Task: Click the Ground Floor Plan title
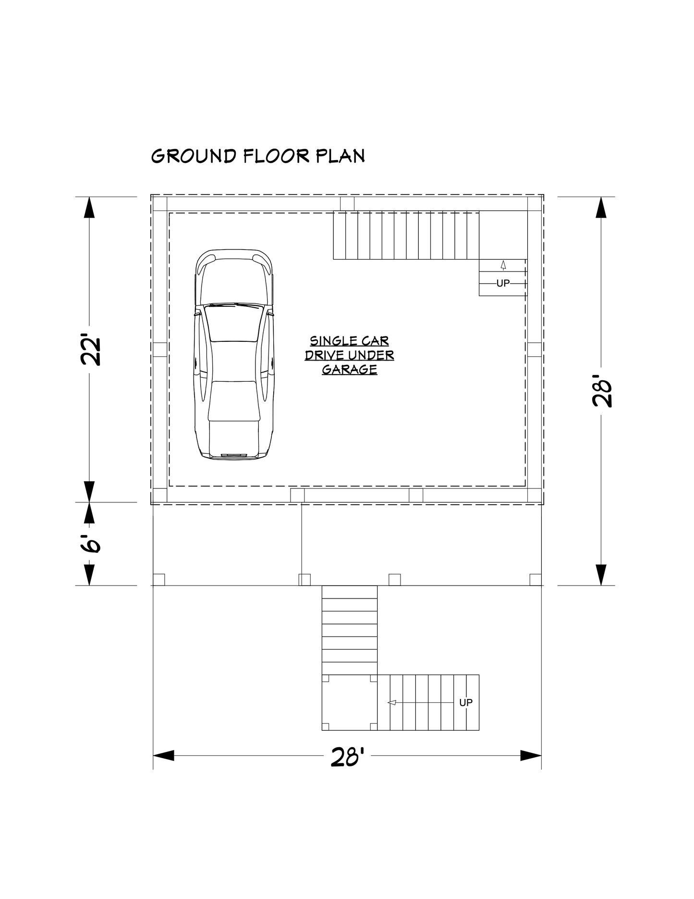[258, 156]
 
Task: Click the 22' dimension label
[89, 351]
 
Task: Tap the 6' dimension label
[89, 543]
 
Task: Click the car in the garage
[234, 355]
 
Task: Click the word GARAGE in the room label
[349, 370]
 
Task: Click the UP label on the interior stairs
[503, 284]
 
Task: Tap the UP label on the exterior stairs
[466, 702]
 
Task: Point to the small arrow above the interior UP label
[503, 265]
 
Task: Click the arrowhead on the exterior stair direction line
[391, 702]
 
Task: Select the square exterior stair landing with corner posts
[350, 702]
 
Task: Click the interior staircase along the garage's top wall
[406, 236]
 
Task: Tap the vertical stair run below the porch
[350, 630]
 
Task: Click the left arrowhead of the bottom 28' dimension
[163, 755]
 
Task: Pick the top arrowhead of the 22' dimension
[89, 207]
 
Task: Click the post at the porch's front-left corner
[158, 579]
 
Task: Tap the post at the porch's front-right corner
[536, 579]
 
